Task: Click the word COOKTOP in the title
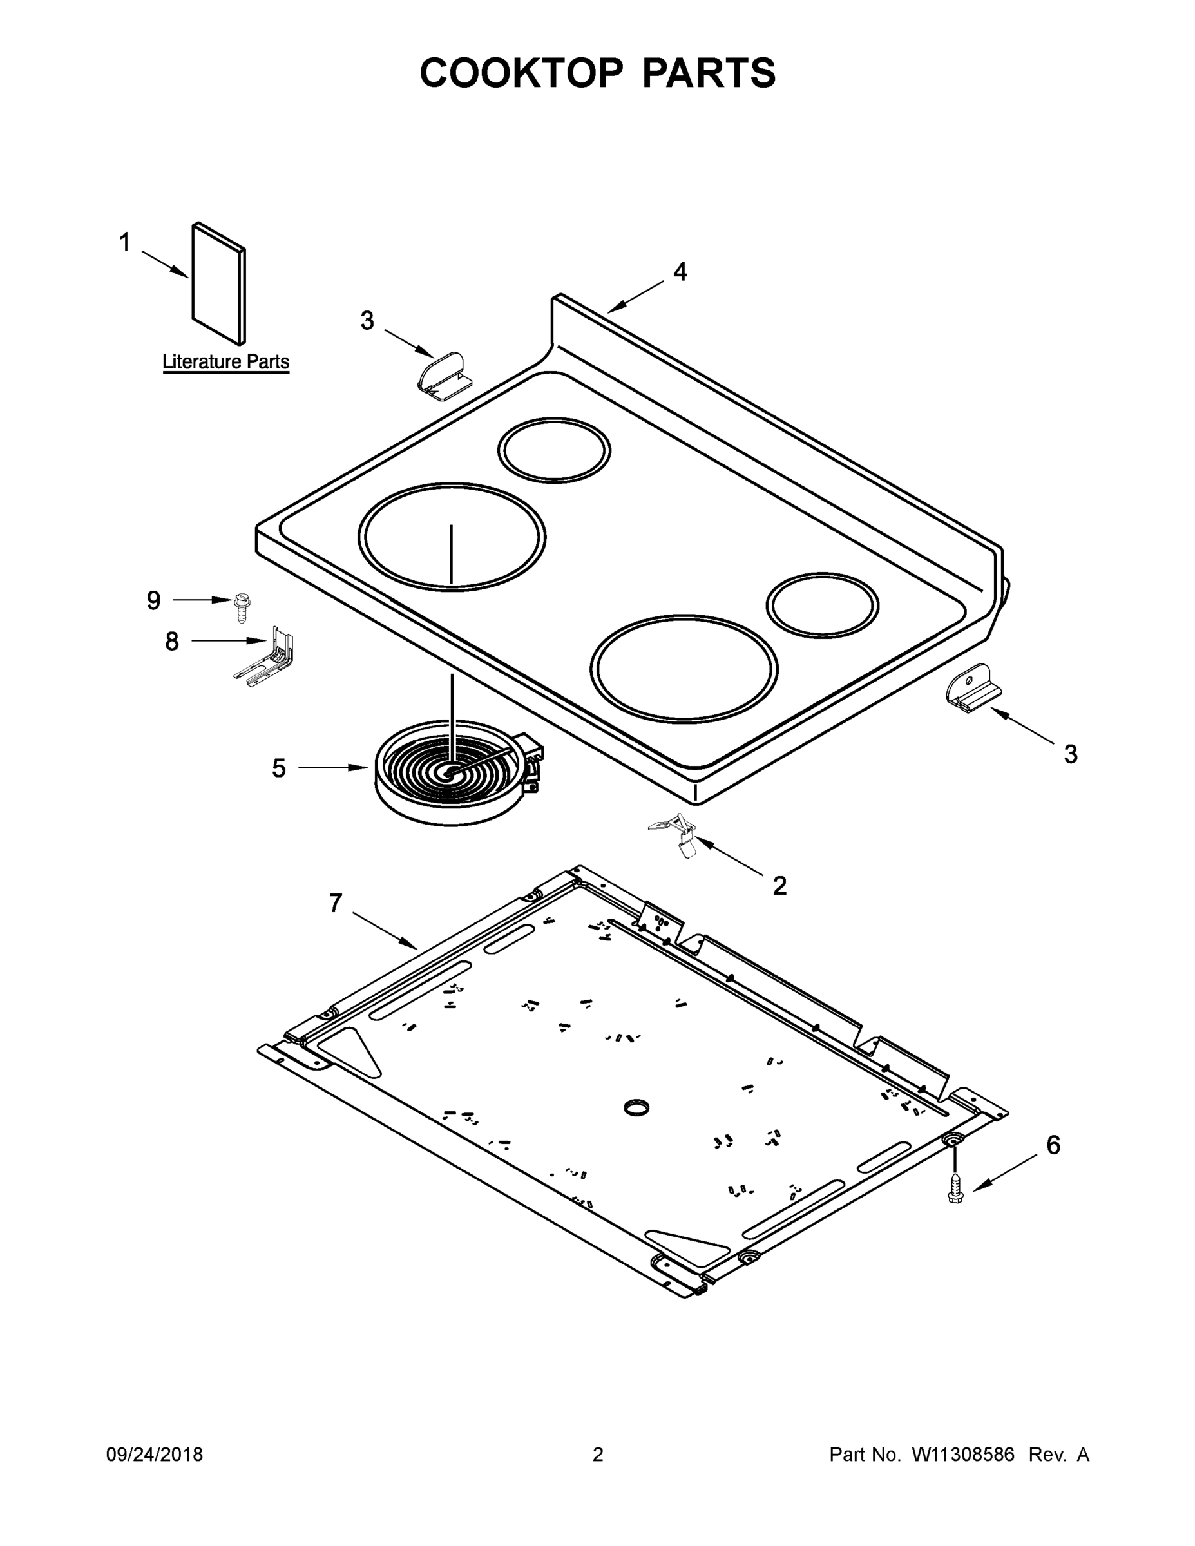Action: [522, 73]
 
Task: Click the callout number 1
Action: [124, 243]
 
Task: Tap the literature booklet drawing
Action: [219, 283]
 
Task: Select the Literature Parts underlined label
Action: [226, 362]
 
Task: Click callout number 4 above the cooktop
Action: [680, 271]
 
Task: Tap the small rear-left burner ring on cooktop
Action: [553, 451]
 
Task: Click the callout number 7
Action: [336, 902]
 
